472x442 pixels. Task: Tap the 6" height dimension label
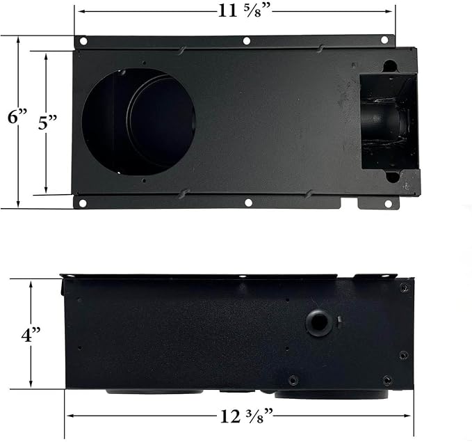[x=17, y=116]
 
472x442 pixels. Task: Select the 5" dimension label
[x=47, y=123]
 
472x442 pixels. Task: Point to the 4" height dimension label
[x=31, y=334]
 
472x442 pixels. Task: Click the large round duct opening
[x=139, y=122]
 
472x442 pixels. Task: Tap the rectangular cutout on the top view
[x=389, y=122]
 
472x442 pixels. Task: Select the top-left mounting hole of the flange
[x=83, y=40]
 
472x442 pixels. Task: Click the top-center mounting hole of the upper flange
[x=247, y=41]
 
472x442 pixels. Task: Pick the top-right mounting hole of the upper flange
[x=384, y=40]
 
